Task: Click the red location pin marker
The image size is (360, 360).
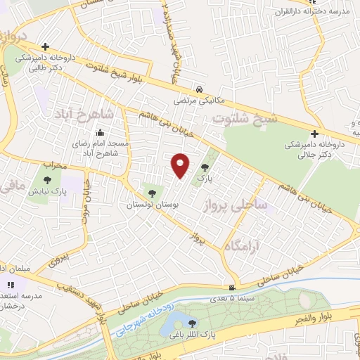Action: [181, 165]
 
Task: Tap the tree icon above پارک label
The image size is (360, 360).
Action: [205, 167]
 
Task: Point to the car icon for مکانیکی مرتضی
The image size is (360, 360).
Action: [200, 89]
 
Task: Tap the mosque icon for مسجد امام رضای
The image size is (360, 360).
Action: [101, 132]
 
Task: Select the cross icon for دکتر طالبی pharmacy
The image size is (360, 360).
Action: [45, 46]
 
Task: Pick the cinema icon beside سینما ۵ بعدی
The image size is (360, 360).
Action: [232, 288]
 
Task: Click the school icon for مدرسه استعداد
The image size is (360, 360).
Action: [10, 285]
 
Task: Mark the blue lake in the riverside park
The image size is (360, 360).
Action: [172, 325]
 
